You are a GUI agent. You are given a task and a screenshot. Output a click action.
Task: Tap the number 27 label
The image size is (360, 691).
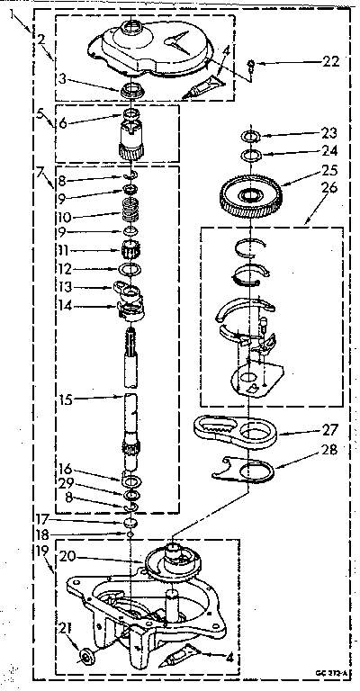pos(309,434)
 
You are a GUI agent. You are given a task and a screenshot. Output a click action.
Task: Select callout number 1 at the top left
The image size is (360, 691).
pos(10,15)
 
